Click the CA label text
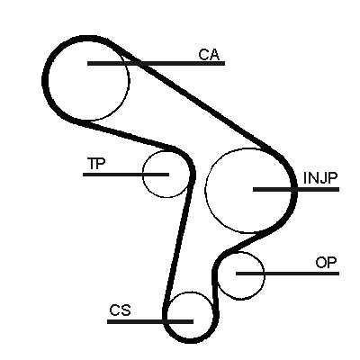pyautogui.click(x=209, y=54)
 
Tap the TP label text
pyautogui.click(x=96, y=164)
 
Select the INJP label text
pyautogui.click(x=320, y=178)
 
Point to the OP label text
pyautogui.click(x=326, y=263)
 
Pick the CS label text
pyautogui.click(x=120, y=310)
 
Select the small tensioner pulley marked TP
pyautogui.click(x=143, y=174)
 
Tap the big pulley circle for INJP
pyautogui.click(x=205, y=191)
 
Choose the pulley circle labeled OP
pyautogui.click(x=265, y=275)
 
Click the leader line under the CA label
pyautogui.click(x=156, y=63)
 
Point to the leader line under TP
pyautogui.click(x=126, y=175)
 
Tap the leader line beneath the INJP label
pyautogui.click(x=296, y=189)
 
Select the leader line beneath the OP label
pyautogui.click(x=287, y=274)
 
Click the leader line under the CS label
pyautogui.click(x=150, y=321)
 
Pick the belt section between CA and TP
pyautogui.click(x=129, y=134)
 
